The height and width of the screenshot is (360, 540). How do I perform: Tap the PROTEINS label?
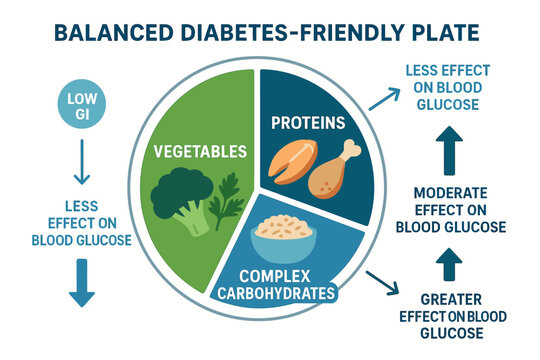309,125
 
